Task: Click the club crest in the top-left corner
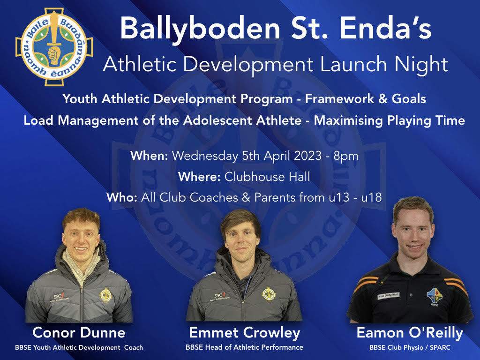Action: click(x=54, y=47)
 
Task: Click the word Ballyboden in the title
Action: click(x=200, y=28)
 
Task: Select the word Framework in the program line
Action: click(x=339, y=99)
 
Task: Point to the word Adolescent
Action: click(x=242, y=120)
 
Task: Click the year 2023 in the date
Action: click(x=307, y=156)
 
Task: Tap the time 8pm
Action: click(x=346, y=157)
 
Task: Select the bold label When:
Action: click(x=149, y=156)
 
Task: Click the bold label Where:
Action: click(x=199, y=177)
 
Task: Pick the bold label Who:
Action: click(x=122, y=197)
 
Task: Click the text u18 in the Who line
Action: click(x=371, y=197)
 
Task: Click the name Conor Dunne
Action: click(x=79, y=332)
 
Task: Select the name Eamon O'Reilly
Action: click(x=410, y=333)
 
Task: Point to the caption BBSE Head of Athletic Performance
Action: click(x=244, y=347)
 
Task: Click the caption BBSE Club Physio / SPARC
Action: click(x=410, y=347)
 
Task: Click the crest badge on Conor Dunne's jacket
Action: click(x=105, y=295)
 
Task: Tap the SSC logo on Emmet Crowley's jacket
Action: click(x=220, y=296)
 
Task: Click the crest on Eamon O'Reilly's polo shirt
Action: click(x=435, y=296)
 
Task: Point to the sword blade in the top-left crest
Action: click(x=54, y=28)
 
